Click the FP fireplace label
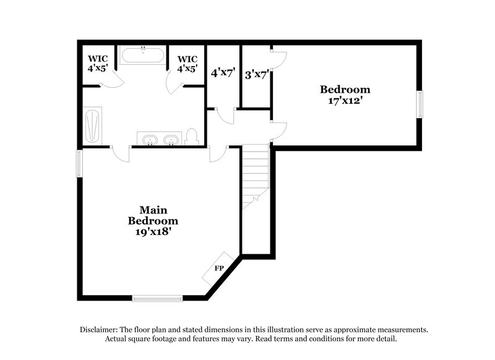tap(218, 268)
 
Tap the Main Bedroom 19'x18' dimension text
tap(153, 233)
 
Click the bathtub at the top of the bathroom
tap(143, 56)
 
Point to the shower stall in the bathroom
tap(92, 127)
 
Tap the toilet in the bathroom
tap(191, 137)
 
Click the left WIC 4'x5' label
tap(97, 69)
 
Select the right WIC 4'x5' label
tap(188, 69)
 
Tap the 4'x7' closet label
tap(223, 73)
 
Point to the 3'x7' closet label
tap(255, 75)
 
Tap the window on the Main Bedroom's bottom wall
tap(158, 299)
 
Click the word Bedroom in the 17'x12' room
tap(345, 89)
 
